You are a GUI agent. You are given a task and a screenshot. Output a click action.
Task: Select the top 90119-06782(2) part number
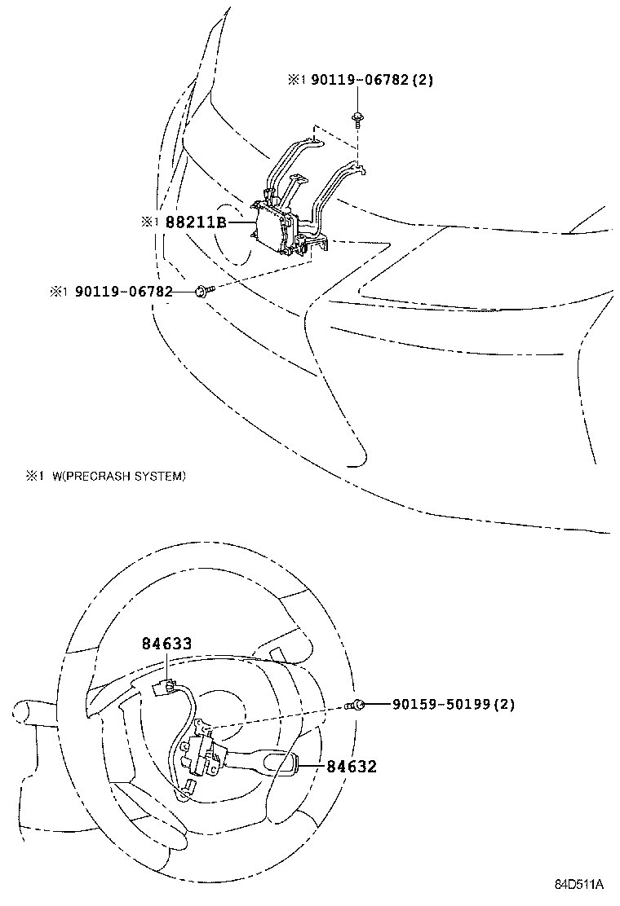tap(361, 80)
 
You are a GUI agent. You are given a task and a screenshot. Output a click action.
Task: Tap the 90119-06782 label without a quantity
tap(124, 291)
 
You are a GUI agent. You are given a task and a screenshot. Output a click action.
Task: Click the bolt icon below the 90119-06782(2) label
tap(358, 119)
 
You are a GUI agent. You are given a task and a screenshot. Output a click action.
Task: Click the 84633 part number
tap(166, 644)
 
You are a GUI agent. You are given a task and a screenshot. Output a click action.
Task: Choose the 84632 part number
tap(352, 766)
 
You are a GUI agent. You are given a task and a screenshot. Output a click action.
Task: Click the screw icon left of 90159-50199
tap(355, 705)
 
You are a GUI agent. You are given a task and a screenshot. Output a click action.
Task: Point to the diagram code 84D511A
tap(579, 884)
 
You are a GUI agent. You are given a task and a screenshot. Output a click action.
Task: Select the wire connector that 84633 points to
tap(164, 686)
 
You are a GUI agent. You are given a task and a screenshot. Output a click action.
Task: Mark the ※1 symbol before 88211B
tap(148, 221)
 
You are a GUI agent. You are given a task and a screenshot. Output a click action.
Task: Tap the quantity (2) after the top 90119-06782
tap(423, 80)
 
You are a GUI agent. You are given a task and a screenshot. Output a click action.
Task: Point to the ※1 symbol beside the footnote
tap(33, 476)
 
